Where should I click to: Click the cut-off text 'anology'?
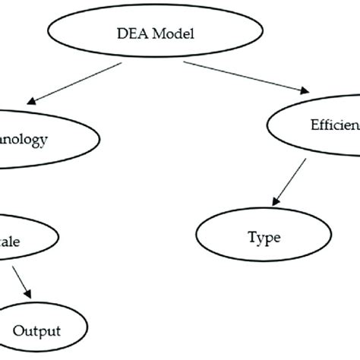tap(25, 139)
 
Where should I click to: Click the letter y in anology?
tap(46, 141)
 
